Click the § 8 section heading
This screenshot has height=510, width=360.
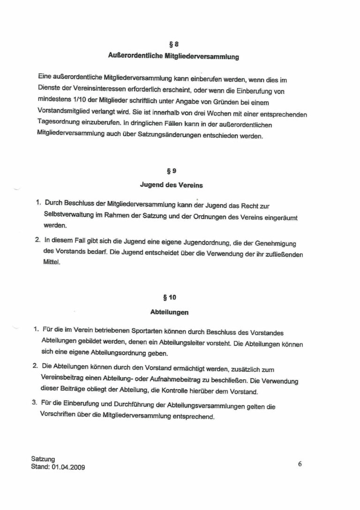(173, 45)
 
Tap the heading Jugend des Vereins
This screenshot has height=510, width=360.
(165, 185)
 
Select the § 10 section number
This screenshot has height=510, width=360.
(169, 297)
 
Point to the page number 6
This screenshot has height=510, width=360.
(300, 464)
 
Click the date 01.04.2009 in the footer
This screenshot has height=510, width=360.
(68, 467)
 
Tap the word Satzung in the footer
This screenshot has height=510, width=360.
(43, 459)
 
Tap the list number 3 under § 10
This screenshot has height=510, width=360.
(34, 402)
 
